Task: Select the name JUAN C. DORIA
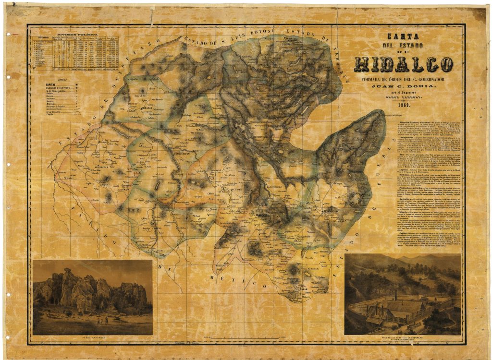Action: coord(404,86)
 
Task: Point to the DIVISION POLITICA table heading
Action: coord(77,35)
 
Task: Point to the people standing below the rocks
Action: coord(102,320)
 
